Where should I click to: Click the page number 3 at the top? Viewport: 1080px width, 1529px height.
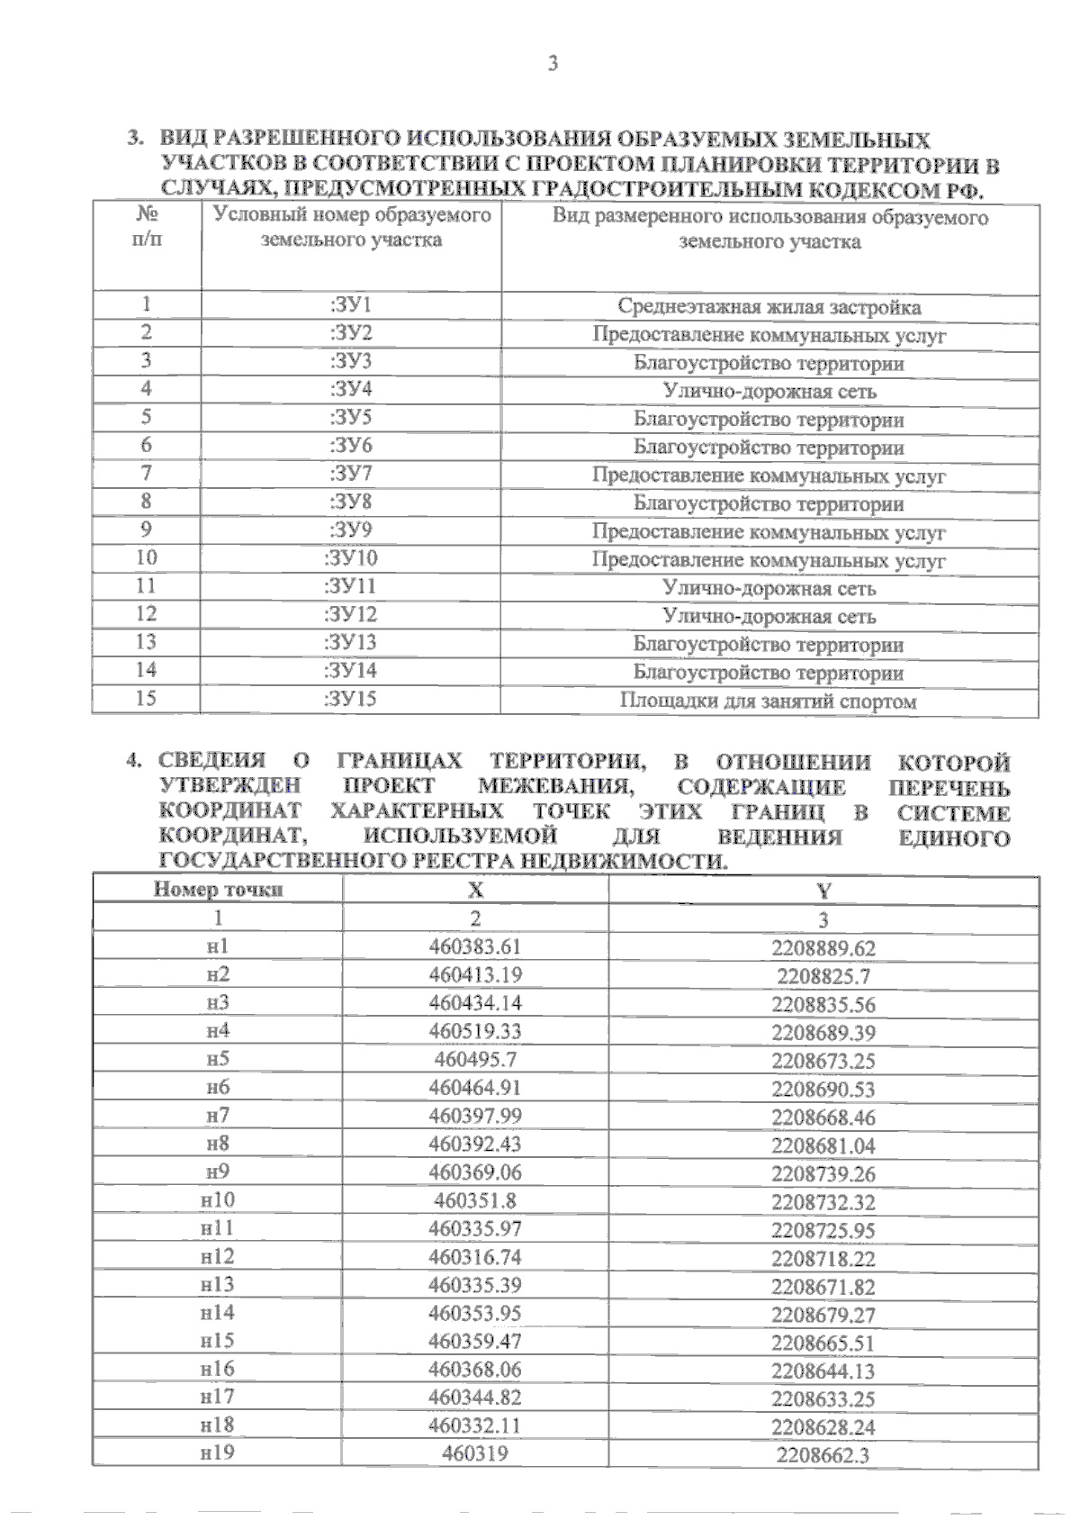pos(553,64)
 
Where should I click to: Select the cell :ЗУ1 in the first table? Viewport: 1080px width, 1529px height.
pos(351,305)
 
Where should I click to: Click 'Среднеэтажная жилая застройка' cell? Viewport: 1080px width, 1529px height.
pos(769,307)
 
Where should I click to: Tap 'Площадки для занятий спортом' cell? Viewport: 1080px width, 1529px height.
pos(769,701)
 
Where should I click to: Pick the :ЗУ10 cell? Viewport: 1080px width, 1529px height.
pos(351,558)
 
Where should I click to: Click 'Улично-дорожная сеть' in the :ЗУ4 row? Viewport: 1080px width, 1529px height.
pos(769,392)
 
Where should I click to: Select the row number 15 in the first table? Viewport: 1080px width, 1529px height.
pos(146,699)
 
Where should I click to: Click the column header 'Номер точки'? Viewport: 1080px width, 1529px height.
pos(218,890)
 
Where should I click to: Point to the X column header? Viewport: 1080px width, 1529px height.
pos(475,891)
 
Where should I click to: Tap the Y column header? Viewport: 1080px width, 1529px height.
pos(823,891)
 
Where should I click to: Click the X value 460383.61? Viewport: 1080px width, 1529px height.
pos(475,946)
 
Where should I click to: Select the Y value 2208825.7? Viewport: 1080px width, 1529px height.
pos(823,976)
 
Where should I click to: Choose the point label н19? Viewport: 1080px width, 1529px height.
pos(218,1452)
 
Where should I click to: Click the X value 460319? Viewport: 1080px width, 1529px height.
pos(475,1453)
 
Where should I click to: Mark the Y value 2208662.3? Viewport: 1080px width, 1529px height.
pos(823,1455)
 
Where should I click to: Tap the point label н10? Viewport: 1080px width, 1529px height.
pos(218,1199)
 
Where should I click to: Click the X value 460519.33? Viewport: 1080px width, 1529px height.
pos(475,1031)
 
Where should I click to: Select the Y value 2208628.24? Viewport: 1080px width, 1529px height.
pos(823,1427)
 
